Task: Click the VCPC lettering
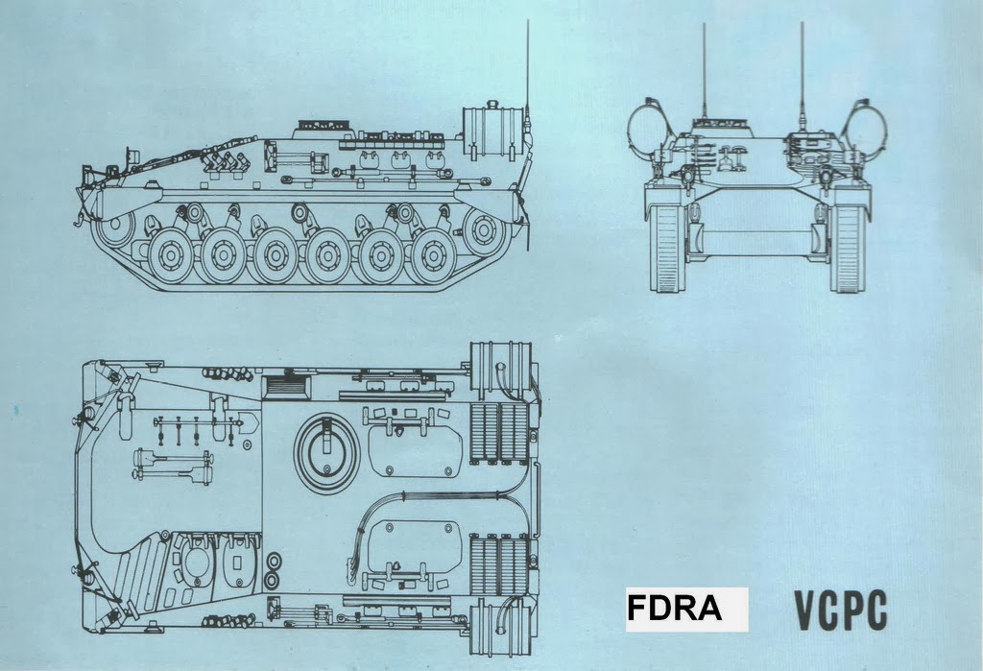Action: [x=840, y=611]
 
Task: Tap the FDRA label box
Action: [x=686, y=610]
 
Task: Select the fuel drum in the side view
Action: [x=491, y=131]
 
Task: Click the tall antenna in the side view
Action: [x=527, y=67]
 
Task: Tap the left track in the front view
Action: [x=665, y=248]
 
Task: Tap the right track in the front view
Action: [x=848, y=248]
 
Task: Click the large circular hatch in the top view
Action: [x=325, y=448]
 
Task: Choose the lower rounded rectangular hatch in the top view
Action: [x=416, y=541]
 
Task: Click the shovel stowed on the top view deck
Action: [x=173, y=468]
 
